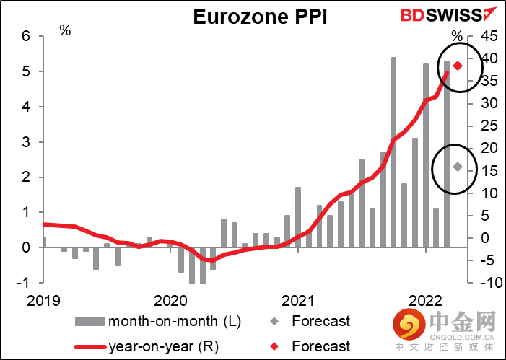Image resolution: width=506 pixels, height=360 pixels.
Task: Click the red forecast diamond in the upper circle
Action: click(457, 66)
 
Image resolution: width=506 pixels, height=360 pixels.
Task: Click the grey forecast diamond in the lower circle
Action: click(457, 167)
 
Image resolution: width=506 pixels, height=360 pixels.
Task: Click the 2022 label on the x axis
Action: click(426, 299)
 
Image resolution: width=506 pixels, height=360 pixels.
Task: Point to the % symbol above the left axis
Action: click(65, 31)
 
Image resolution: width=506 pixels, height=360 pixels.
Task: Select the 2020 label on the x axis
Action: click(170, 299)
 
